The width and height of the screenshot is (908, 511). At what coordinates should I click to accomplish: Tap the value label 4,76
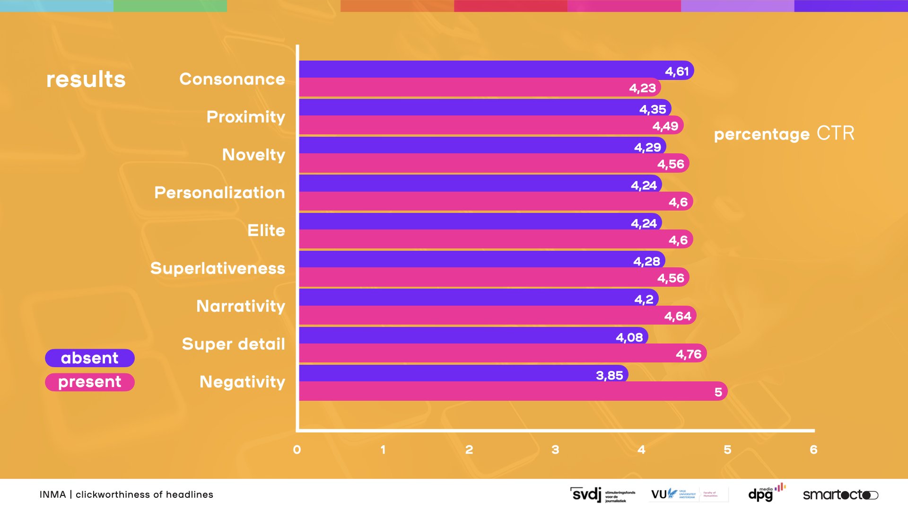coord(689,354)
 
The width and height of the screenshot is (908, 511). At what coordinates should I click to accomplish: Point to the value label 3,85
coord(609,376)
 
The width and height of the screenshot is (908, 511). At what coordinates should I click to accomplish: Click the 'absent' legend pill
coord(90,358)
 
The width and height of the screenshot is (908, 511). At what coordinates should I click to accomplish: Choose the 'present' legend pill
coord(90,382)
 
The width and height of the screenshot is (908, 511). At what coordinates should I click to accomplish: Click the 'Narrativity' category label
coord(241,306)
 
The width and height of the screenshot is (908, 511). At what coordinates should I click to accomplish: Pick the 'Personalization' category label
coord(220,193)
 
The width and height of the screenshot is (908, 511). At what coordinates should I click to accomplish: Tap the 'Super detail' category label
coord(234,344)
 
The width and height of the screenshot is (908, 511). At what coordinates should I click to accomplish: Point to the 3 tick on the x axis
coord(555,449)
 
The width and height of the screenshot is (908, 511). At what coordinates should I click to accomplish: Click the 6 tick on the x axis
coord(813,449)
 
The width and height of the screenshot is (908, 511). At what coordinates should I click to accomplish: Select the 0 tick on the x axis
coord(297,449)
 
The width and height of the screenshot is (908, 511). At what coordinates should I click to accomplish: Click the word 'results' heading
coord(86,79)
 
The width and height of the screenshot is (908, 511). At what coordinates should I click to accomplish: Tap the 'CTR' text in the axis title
coord(836,133)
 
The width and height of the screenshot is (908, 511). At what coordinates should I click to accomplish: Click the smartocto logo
coord(840,495)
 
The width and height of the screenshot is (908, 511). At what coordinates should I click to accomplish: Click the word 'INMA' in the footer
coord(52,494)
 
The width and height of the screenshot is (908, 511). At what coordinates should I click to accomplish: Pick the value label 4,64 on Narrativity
coord(678,316)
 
